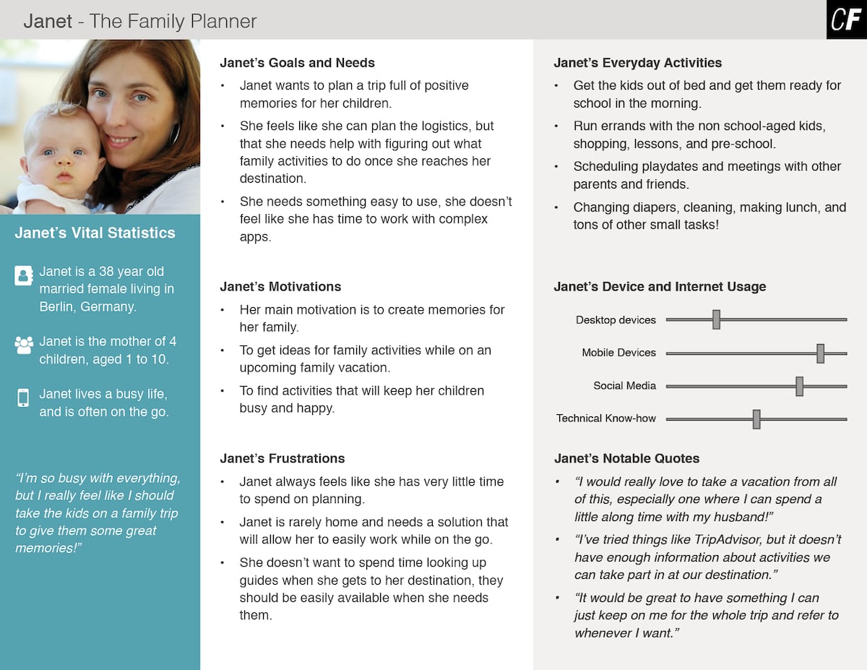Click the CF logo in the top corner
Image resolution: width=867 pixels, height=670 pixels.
(846, 20)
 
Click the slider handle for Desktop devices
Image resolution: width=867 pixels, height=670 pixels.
(716, 319)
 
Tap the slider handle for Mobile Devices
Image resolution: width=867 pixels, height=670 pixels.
(820, 353)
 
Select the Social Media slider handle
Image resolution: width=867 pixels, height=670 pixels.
(799, 386)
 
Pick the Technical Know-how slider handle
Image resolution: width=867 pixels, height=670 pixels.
(756, 418)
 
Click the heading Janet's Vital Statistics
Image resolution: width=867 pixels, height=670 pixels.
(95, 233)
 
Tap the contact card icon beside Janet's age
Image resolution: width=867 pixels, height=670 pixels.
(24, 275)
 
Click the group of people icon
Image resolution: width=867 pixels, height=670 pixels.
(24, 345)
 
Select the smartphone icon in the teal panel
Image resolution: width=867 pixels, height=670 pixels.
(23, 398)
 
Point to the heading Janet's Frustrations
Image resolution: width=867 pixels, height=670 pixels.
(282, 458)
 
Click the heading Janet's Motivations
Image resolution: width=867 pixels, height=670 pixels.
(280, 286)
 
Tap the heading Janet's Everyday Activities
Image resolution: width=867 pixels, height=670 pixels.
(637, 63)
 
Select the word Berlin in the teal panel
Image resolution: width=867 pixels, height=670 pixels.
(57, 306)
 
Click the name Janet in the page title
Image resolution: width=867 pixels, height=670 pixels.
(48, 21)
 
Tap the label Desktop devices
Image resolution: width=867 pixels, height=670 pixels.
(616, 319)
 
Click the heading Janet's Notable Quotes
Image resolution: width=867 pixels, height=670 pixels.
(626, 458)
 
